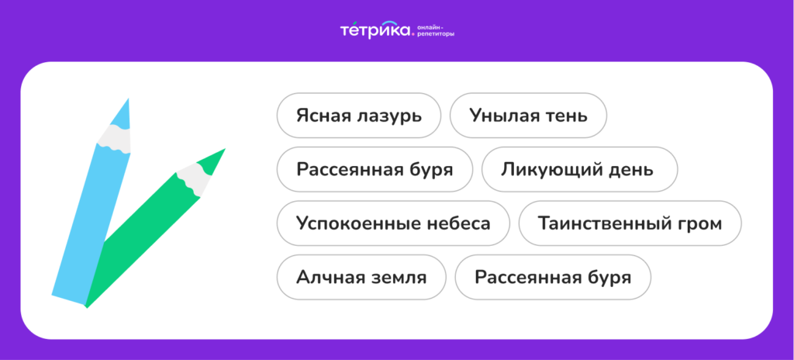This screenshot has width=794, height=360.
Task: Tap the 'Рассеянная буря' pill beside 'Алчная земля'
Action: coord(553,277)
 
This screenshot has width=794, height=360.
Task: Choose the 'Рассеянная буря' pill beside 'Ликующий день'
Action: coord(375,170)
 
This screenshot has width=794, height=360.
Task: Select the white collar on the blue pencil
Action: coord(114,138)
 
